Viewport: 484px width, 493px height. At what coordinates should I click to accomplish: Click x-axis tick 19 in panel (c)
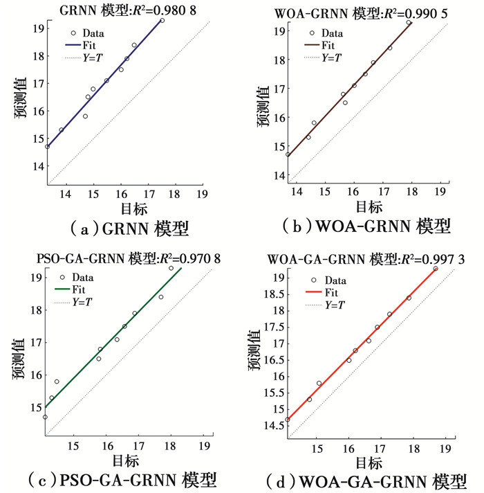(x=205, y=445)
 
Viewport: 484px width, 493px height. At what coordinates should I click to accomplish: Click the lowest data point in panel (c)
(x=45, y=417)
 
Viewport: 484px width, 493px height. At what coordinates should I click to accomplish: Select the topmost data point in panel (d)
(x=436, y=269)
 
